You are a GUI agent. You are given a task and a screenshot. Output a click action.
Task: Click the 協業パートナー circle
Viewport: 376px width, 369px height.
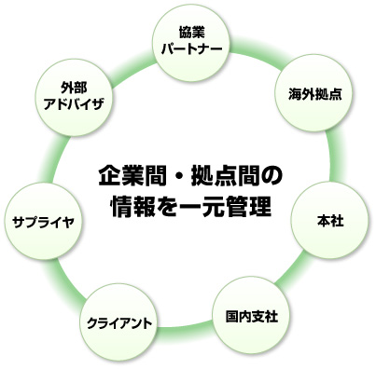(188, 38)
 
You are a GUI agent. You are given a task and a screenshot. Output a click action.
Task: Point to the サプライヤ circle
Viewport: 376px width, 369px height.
(39, 221)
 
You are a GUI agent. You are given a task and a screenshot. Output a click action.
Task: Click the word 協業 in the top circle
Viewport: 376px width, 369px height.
(188, 30)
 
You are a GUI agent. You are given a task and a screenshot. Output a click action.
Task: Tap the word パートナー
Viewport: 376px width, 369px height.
(188, 47)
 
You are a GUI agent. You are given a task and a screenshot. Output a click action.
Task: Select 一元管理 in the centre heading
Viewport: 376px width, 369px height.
(221, 204)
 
